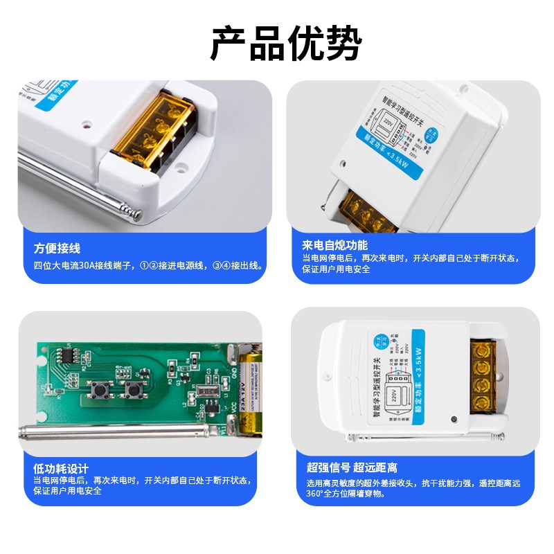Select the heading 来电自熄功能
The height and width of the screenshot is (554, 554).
(334, 245)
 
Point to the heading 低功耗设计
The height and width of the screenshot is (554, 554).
(61, 469)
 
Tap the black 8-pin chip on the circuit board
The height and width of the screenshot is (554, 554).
(66, 355)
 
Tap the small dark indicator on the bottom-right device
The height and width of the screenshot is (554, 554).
(453, 420)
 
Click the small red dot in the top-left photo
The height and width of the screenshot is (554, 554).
(85, 127)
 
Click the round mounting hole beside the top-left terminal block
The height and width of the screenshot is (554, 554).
(182, 166)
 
